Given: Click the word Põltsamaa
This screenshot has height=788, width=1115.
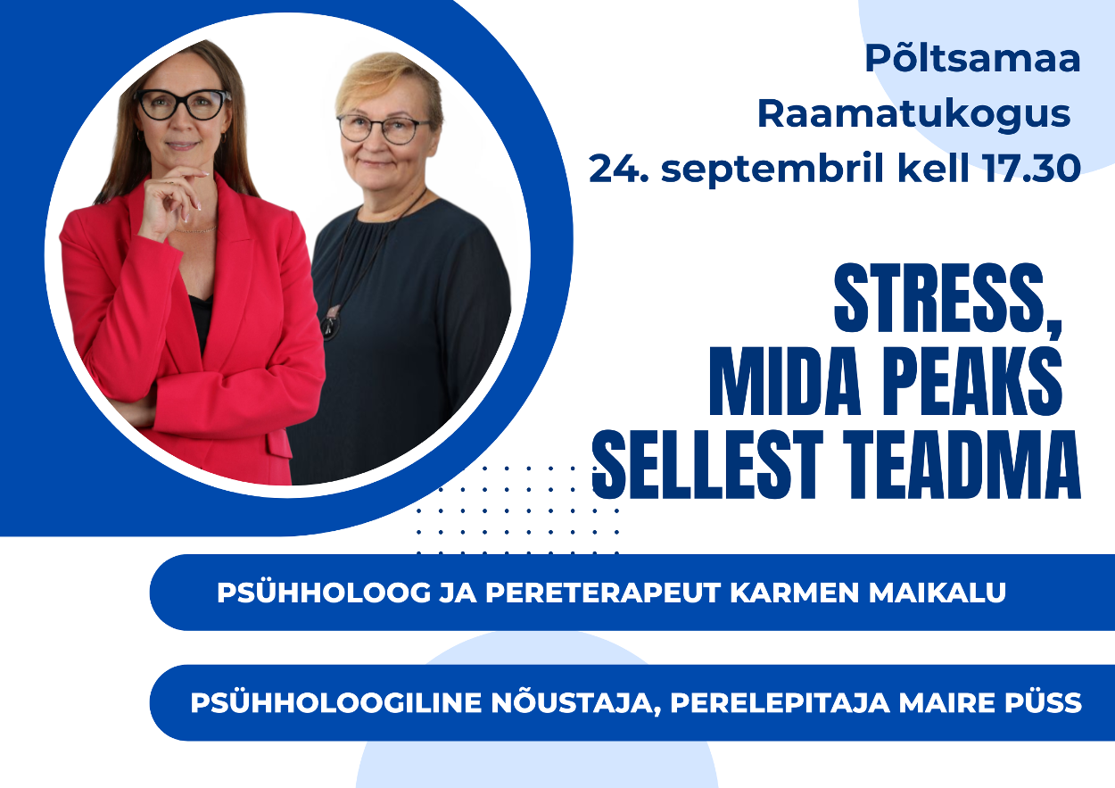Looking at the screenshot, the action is pyautogui.click(x=972, y=58).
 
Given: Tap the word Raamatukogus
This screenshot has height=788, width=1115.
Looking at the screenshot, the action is pyautogui.click(x=914, y=115).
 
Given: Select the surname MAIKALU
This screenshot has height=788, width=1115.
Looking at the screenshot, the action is pyautogui.click(x=937, y=593).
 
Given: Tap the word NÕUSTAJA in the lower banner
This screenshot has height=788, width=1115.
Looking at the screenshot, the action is pyautogui.click(x=573, y=703).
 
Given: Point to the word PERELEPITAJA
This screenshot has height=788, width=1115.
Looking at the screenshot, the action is pyautogui.click(x=780, y=703).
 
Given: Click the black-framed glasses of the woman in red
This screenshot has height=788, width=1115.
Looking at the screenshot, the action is pyautogui.click(x=182, y=104).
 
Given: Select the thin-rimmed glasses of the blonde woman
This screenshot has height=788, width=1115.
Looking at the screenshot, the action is pyautogui.click(x=384, y=129).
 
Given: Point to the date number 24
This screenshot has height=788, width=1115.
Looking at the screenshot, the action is pyautogui.click(x=619, y=169).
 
